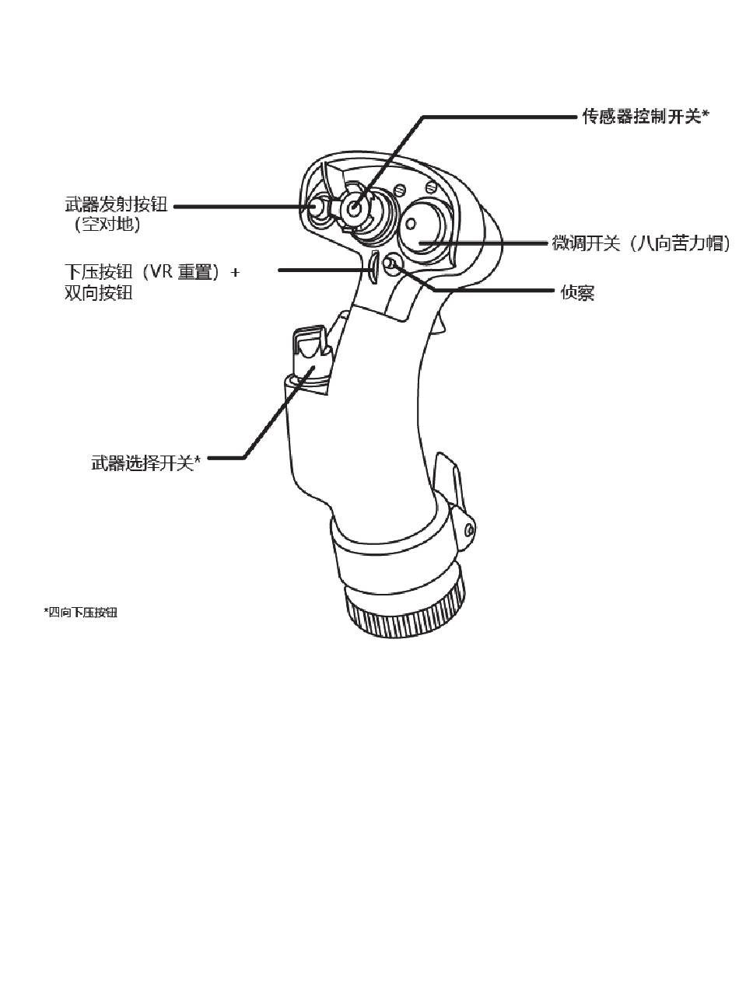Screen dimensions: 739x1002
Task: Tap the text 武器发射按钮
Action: pyautogui.click(x=116, y=206)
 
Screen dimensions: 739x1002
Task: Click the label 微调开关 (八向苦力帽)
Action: pyautogui.click(x=640, y=243)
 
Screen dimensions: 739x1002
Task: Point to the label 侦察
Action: pyautogui.click(x=577, y=293)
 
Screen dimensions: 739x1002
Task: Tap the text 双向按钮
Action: pyautogui.click(x=99, y=293)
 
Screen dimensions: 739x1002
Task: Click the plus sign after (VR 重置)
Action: pyautogui.click(x=235, y=273)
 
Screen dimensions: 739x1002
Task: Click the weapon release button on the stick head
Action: pyautogui.click(x=317, y=209)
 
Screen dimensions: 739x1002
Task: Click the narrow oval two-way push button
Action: pyautogui.click(x=373, y=268)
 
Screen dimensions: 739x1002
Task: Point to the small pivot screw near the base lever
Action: pyautogui.click(x=468, y=529)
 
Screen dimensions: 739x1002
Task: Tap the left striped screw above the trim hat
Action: pyautogui.click(x=401, y=189)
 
